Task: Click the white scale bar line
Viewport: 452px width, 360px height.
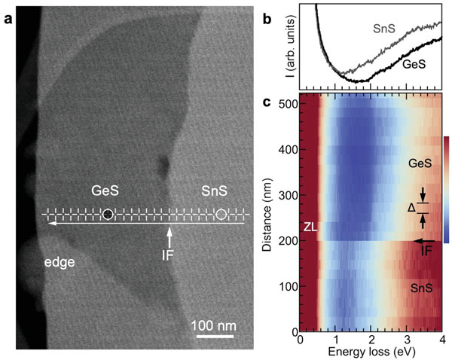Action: pos(218,336)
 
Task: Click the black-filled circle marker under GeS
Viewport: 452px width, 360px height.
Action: pos(108,215)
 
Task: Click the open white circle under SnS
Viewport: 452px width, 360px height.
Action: pos(221,215)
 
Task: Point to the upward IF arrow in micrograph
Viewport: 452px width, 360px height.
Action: pos(170,235)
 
